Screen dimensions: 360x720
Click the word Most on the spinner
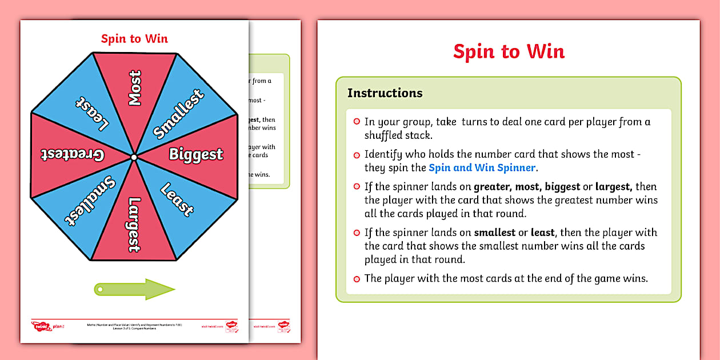(135, 88)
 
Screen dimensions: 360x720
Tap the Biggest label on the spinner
(195, 154)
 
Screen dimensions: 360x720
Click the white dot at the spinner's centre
(134, 157)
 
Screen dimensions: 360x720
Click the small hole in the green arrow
(101, 290)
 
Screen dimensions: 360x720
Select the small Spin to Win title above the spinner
(134, 39)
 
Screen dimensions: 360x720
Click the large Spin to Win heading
(509, 51)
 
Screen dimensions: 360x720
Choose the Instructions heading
(385, 93)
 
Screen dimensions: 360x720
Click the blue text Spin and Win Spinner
(482, 167)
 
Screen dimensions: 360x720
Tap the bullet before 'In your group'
(357, 122)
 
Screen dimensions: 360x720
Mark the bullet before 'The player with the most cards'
(357, 279)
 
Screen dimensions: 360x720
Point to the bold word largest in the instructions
(614, 187)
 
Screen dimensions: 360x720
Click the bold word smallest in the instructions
(494, 233)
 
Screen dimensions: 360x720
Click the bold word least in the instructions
(542, 233)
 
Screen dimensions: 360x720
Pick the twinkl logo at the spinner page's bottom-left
(39, 326)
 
